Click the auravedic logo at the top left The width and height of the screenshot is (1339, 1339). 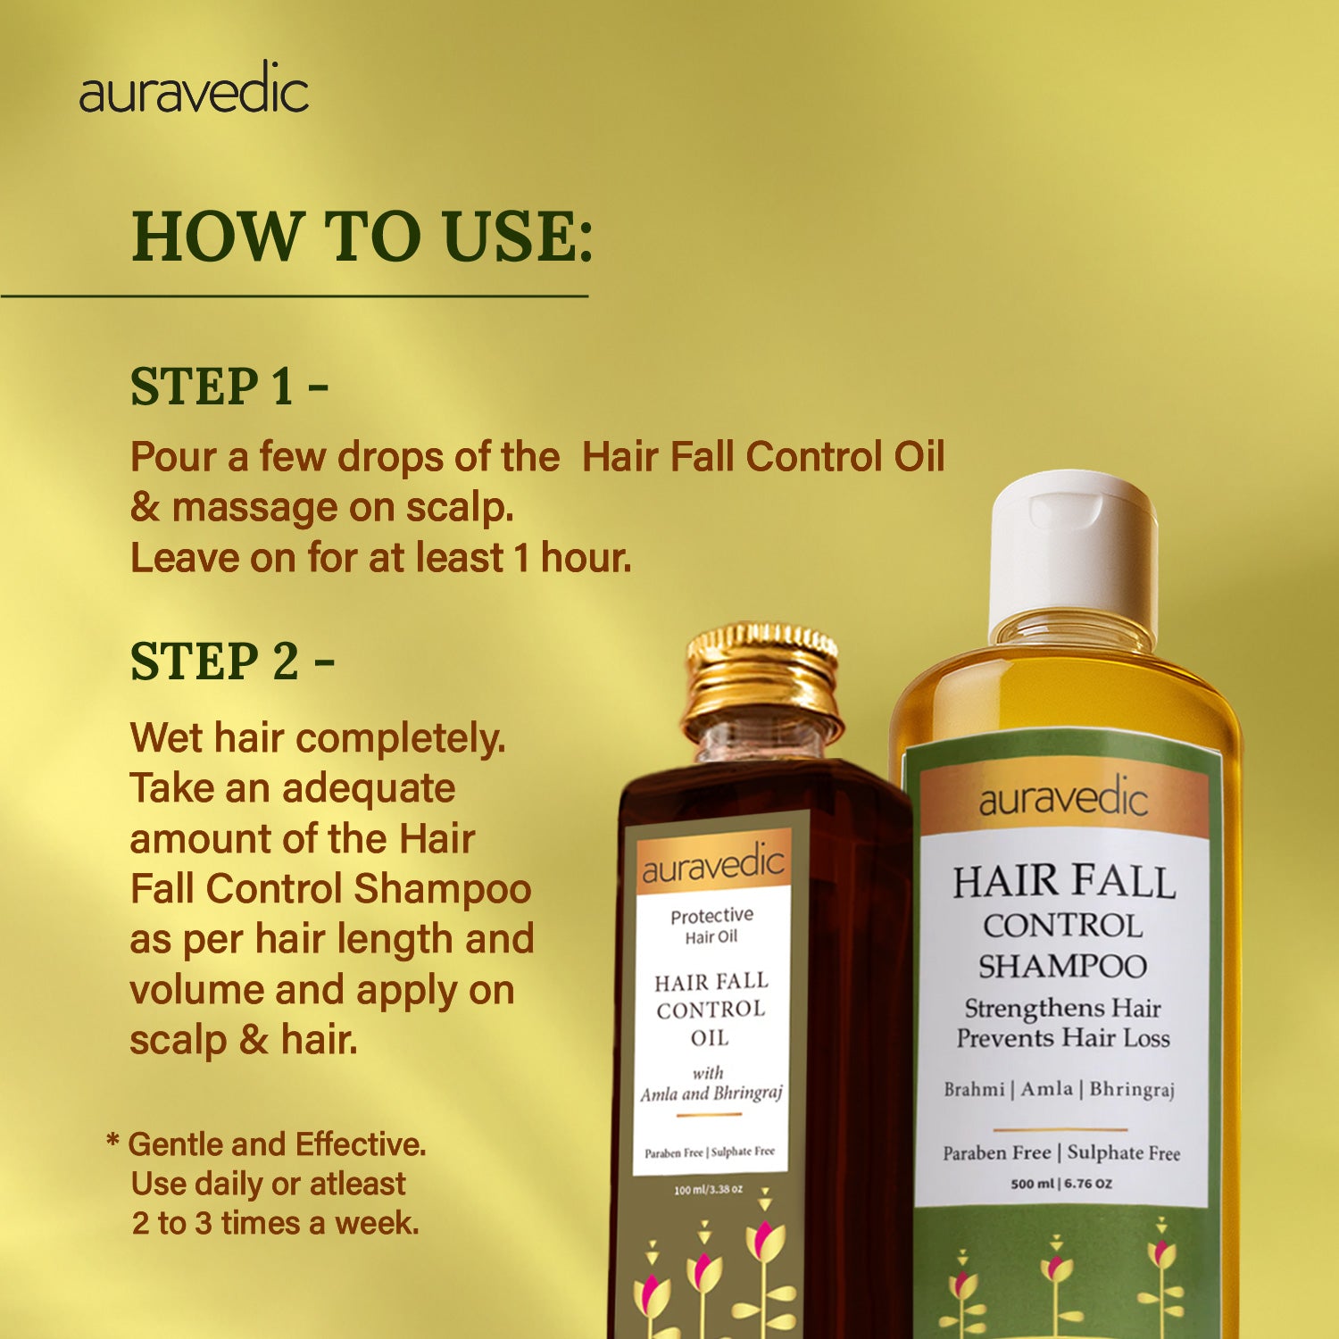pyautogui.click(x=194, y=90)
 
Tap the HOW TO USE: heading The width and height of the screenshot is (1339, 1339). pyautogui.click(x=362, y=237)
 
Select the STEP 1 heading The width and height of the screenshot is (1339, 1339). pyautogui.click(x=229, y=387)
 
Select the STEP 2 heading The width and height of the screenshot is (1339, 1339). pyautogui.click(x=232, y=661)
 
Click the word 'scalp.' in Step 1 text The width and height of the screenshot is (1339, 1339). pyautogui.click(x=460, y=507)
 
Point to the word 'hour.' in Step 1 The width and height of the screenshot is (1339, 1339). pyautogui.click(x=586, y=558)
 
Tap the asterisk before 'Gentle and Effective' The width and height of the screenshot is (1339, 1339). pyautogui.click(x=112, y=1142)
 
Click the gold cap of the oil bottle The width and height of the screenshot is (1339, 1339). pyautogui.click(x=762, y=674)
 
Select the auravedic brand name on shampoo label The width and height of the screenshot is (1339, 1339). pyautogui.click(x=1062, y=798)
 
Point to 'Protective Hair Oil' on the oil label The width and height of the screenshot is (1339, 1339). pyautogui.click(x=711, y=926)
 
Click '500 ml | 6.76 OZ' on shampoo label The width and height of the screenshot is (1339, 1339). pyautogui.click(x=1061, y=1184)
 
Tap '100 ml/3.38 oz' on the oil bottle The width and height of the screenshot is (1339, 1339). pyautogui.click(x=708, y=1190)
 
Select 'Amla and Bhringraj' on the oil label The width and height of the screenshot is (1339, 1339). pyautogui.click(x=711, y=1094)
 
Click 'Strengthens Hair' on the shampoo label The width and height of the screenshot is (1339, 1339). pyautogui.click(x=1062, y=1008)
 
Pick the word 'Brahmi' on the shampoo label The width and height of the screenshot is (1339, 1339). pyautogui.click(x=974, y=1089)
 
